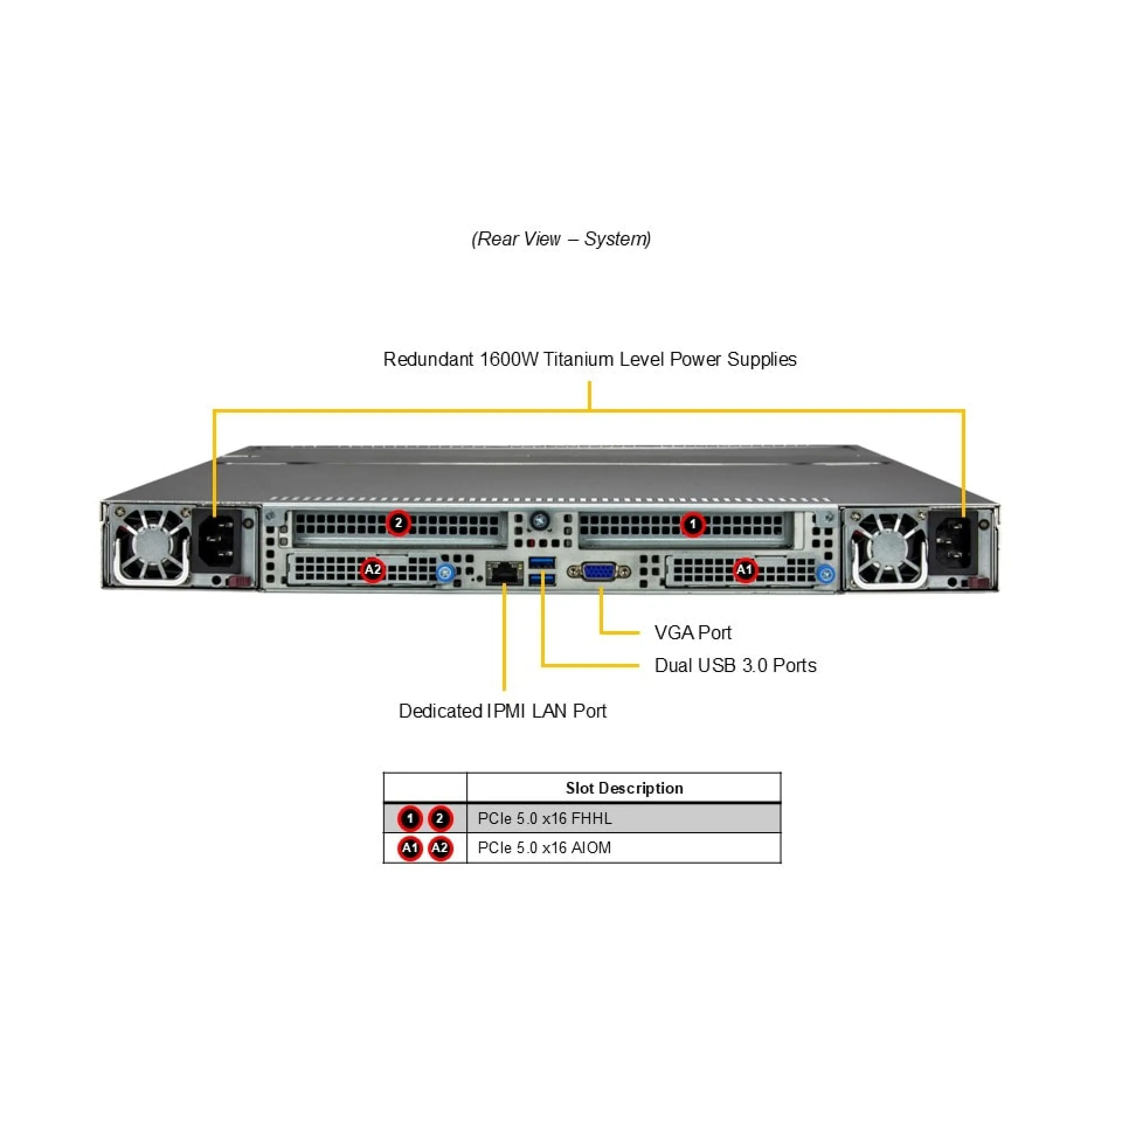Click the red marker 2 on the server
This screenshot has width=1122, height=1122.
[x=399, y=522]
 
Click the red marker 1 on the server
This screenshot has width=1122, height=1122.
[x=693, y=524]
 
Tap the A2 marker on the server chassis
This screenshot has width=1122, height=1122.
[x=373, y=569]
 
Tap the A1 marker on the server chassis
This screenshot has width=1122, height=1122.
[x=744, y=569]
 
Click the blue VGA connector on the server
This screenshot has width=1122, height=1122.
[x=598, y=572]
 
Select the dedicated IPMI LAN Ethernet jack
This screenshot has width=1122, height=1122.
[x=504, y=572]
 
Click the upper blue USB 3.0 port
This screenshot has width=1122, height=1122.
[x=542, y=562]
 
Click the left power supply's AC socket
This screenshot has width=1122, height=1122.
[x=219, y=541]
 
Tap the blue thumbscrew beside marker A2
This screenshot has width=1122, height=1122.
[x=445, y=572]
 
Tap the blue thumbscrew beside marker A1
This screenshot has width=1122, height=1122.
[x=825, y=574]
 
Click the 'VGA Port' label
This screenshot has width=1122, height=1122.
[x=692, y=632]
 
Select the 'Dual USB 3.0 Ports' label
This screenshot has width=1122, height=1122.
[x=735, y=665]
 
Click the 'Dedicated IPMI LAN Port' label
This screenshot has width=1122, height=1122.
[x=503, y=711]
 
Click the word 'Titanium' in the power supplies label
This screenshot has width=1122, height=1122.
[x=579, y=359]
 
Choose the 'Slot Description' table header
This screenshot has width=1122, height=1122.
[x=624, y=788]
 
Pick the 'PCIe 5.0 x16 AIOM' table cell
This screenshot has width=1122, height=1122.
[x=544, y=847]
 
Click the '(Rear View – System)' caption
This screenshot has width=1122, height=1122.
[x=561, y=238]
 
